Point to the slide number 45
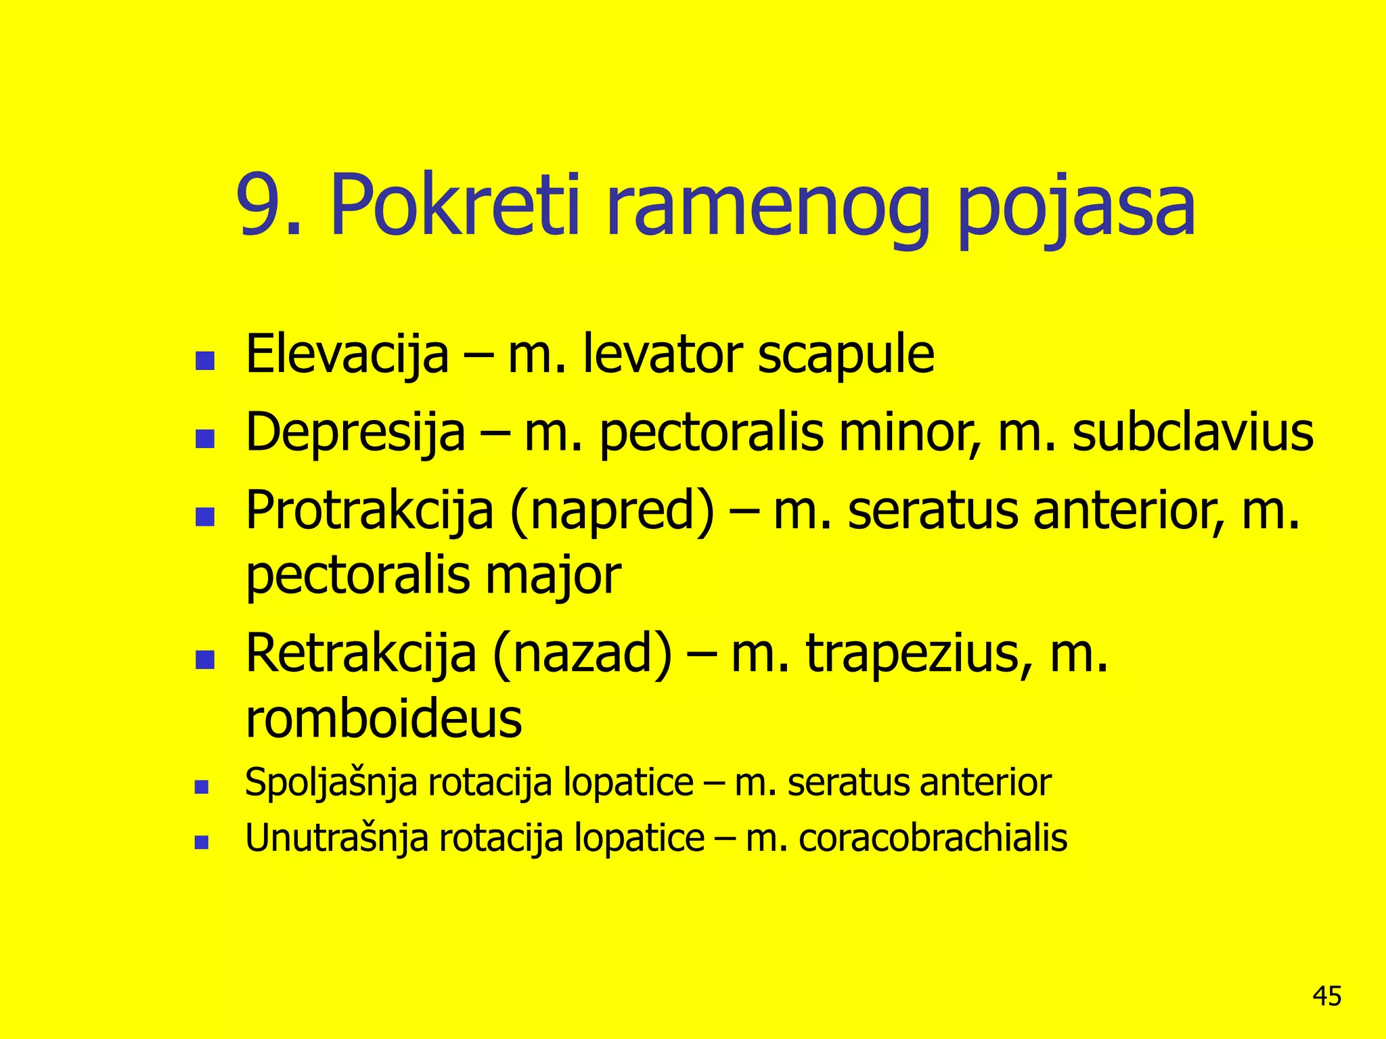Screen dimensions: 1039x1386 tap(1326, 996)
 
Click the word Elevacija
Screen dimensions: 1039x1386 tap(347, 354)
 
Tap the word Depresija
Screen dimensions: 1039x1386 tap(355, 433)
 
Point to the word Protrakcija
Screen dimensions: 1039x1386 tap(370, 511)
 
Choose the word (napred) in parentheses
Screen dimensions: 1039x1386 tap(613, 511)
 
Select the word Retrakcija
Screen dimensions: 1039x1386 tap(361, 654)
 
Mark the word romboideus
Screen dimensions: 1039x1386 tap(383, 718)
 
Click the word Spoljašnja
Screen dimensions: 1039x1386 tap(331, 783)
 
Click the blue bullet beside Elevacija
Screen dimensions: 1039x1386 tap(204, 360)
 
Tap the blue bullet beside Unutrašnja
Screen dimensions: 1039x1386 tap(201, 842)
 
